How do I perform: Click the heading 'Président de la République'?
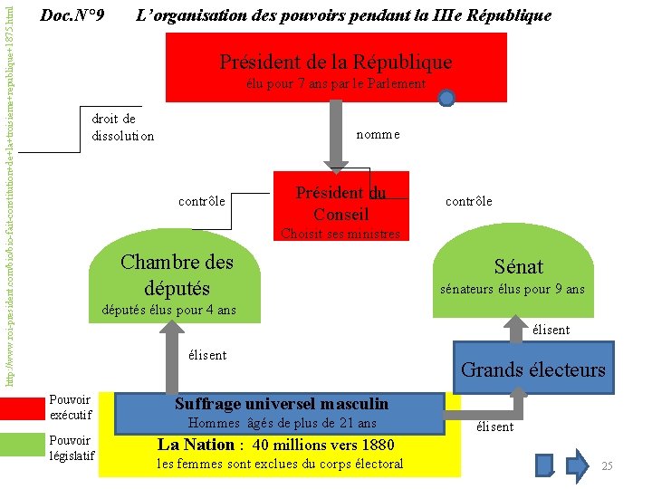(335, 62)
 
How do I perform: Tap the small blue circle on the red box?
(446, 98)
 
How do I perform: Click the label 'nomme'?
(378, 134)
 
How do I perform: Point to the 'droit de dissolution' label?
(122, 128)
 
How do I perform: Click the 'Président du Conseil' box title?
(340, 203)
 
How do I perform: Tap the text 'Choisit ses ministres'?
(340, 234)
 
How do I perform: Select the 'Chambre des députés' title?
(177, 274)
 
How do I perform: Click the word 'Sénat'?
(518, 266)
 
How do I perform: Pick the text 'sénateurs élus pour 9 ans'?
(512, 290)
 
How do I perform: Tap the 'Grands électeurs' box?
(532, 369)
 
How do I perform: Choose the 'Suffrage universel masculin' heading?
(281, 404)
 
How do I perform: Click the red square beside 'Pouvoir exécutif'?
(22, 408)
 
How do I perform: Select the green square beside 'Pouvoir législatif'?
(22, 445)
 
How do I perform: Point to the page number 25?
(607, 465)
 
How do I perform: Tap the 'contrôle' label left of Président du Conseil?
(202, 199)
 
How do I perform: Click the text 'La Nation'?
(196, 445)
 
